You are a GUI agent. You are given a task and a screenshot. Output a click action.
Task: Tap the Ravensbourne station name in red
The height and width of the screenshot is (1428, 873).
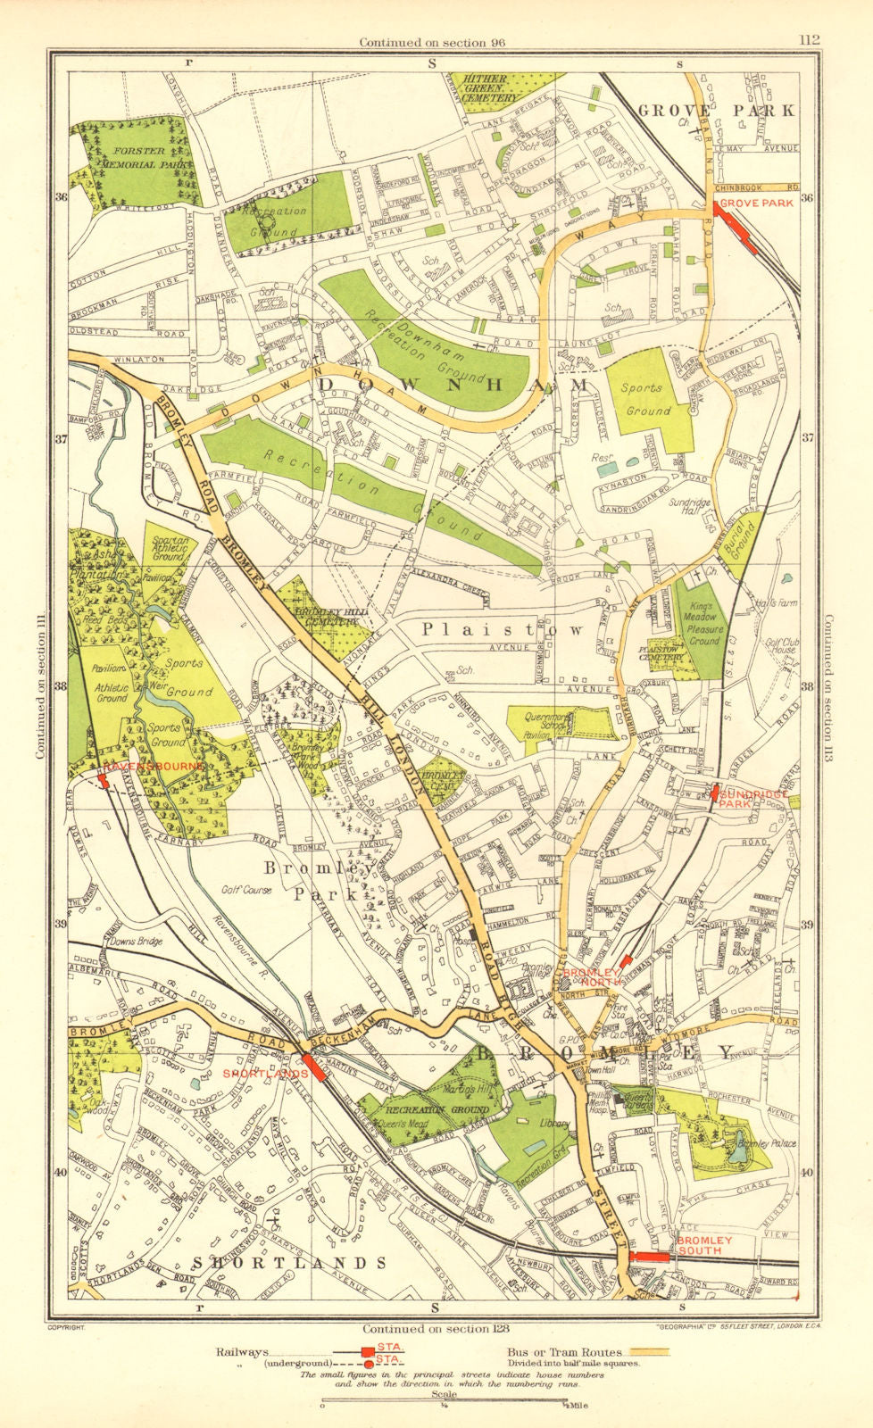tap(154, 767)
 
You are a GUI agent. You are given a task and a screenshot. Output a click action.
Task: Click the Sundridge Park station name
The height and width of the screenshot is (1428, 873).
tap(754, 798)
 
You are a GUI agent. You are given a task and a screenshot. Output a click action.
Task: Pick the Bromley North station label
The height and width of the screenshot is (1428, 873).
tap(590, 976)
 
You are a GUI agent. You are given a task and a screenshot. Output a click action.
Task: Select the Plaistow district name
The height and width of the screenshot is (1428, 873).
tap(503, 629)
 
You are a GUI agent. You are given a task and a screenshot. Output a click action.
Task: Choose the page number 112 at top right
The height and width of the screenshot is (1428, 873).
tap(810, 39)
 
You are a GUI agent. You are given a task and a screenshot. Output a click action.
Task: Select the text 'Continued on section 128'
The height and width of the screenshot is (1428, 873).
tap(435, 1329)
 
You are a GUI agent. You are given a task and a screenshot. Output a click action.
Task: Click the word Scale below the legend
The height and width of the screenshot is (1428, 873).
tap(443, 1394)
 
